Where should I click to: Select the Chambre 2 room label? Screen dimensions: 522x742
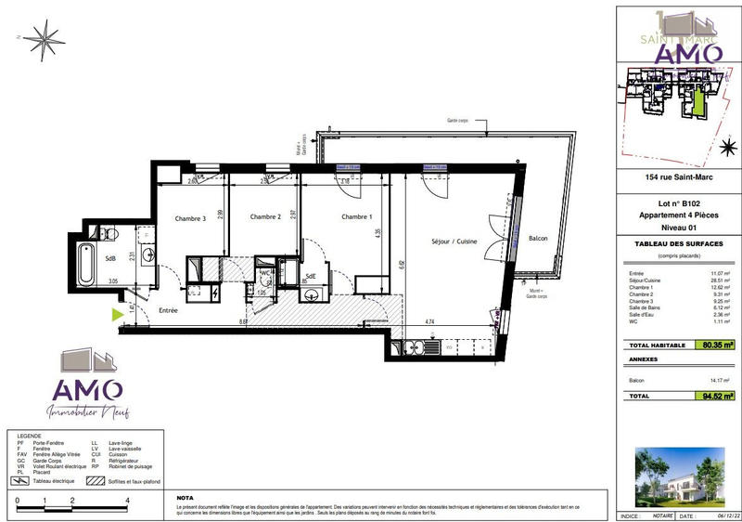pos(265,217)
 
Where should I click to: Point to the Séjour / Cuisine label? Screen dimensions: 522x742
pos(454,241)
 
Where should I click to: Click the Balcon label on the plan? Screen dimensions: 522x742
pos(538,239)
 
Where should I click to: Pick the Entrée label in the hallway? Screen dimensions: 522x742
pos(167,310)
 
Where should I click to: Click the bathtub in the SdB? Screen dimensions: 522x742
pos(85,263)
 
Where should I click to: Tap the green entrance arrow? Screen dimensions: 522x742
pos(117,315)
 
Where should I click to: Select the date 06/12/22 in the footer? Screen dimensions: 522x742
pos(717,515)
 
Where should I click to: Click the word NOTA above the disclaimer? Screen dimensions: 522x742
pos(185,497)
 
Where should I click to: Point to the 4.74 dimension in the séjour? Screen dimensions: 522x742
pos(430,320)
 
